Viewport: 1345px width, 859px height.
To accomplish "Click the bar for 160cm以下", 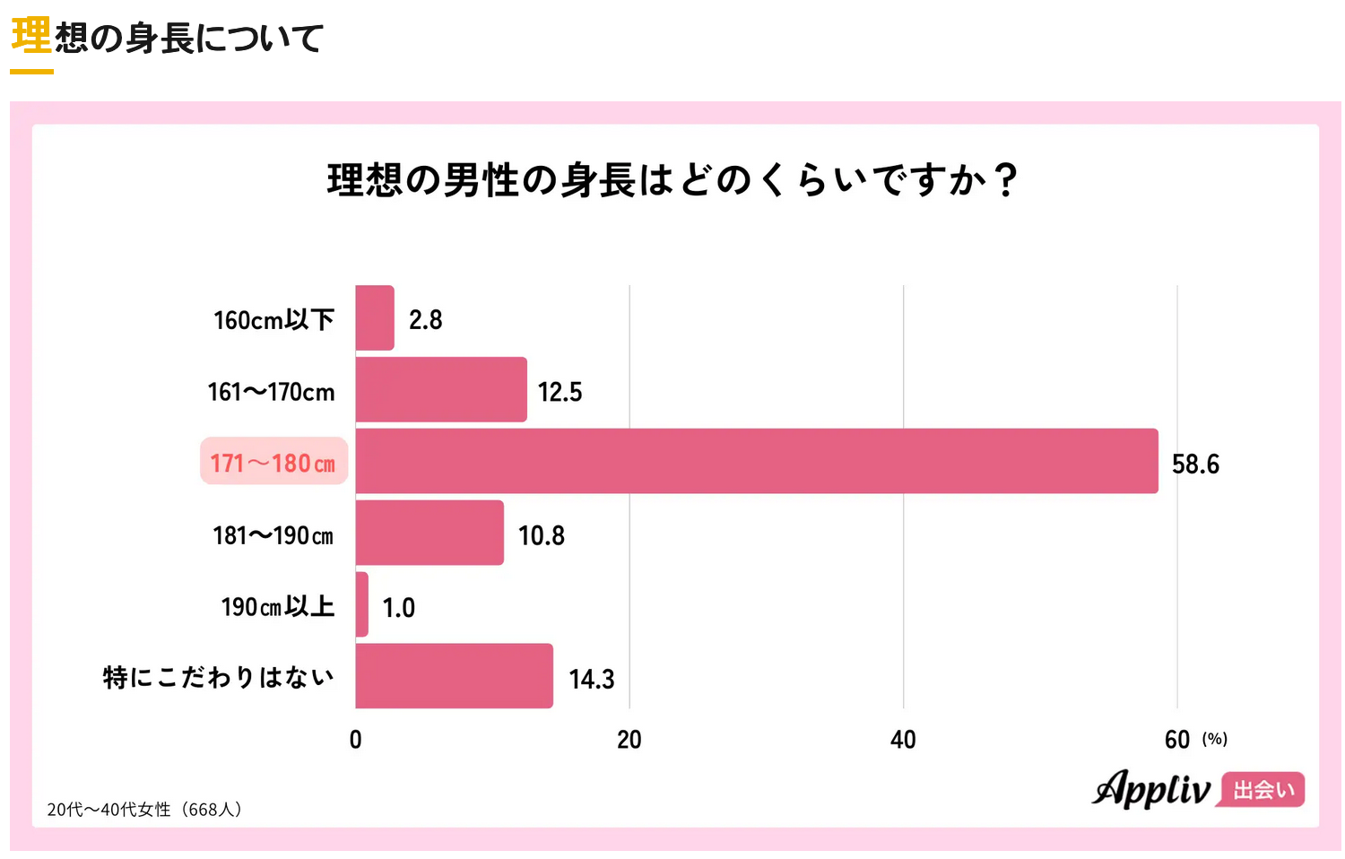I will point(375,318).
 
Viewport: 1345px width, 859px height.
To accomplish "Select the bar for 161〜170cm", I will point(441,390).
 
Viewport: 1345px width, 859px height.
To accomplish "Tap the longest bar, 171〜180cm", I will point(756,462).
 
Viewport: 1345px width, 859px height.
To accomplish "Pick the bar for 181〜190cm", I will point(430,534).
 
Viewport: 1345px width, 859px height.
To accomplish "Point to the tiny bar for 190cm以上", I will point(362,605).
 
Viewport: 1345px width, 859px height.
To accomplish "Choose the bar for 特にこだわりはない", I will point(454,676).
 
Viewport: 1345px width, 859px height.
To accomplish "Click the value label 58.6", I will point(1195,464).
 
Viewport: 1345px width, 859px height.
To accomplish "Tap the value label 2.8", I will point(426,320).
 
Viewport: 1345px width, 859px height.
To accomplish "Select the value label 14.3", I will point(592,679).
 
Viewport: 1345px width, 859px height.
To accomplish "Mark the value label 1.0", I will point(399,608).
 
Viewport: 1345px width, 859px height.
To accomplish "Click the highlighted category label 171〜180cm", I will point(273,462).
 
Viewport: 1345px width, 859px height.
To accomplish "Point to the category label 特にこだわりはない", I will point(218,677).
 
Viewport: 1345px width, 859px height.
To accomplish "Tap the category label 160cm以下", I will point(273,320).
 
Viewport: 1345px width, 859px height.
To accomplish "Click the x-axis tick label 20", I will point(629,740).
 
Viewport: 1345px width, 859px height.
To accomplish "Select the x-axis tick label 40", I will point(903,740).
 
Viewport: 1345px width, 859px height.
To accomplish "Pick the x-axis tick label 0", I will point(356,740).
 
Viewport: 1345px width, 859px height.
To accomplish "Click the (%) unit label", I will point(1215,739).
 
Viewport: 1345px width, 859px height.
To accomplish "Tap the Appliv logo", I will point(1151,789).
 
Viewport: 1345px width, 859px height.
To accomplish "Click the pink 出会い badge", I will point(1263,790).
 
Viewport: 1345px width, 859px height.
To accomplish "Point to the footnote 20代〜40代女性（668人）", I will point(144,810).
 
